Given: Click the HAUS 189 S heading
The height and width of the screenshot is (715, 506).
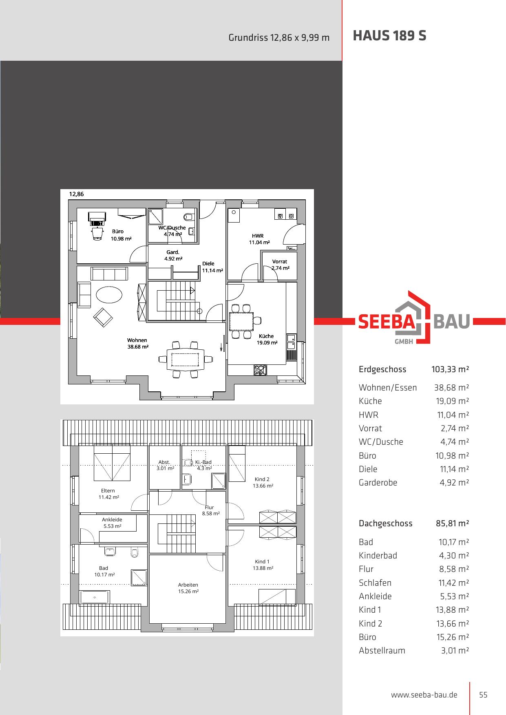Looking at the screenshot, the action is point(389,36).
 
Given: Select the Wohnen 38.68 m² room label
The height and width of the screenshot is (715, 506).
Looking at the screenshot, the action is point(137,343).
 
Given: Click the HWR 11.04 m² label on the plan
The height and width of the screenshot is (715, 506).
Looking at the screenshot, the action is point(259,239).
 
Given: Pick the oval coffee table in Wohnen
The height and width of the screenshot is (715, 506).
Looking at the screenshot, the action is point(109,294).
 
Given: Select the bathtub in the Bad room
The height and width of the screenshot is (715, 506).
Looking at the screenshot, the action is point(95,597).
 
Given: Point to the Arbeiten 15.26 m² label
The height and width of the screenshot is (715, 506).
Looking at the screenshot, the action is point(188,588).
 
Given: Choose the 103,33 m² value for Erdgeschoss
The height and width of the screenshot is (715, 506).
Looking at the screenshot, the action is point(450,369).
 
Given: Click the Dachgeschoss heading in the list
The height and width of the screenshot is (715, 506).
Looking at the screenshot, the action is point(385,523).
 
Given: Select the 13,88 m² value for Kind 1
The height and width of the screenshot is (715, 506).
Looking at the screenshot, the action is point(453,610).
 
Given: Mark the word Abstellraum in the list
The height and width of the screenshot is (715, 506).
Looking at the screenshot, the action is point(382,651).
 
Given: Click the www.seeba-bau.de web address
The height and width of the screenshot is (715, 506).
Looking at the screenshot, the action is point(424,695).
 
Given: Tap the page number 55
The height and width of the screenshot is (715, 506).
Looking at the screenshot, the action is point(483,695).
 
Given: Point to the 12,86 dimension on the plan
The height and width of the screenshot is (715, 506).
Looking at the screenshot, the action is point(76,194).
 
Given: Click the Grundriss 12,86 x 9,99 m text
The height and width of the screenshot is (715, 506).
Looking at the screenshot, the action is point(279,38).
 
